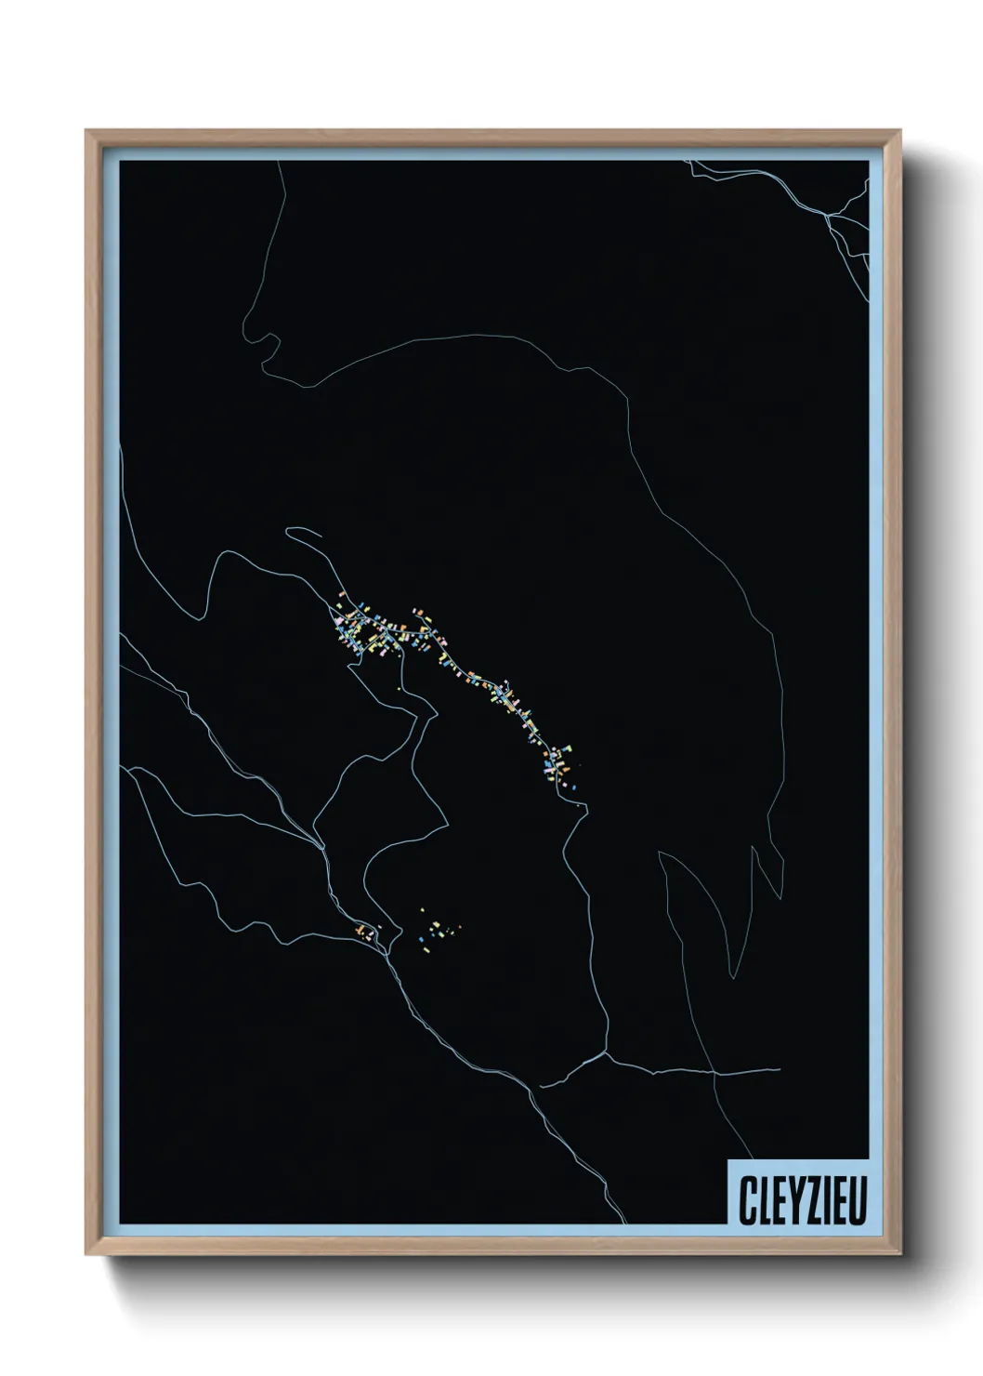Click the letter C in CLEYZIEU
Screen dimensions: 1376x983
tap(746, 1200)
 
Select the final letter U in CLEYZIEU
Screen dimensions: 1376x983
tap(858, 1200)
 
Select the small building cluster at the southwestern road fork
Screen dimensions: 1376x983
tap(365, 931)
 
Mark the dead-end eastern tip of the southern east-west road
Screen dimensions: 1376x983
tap(779, 1069)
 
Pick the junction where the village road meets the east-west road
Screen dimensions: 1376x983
tap(605, 1053)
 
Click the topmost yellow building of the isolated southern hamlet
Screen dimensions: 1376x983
tap(423, 910)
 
